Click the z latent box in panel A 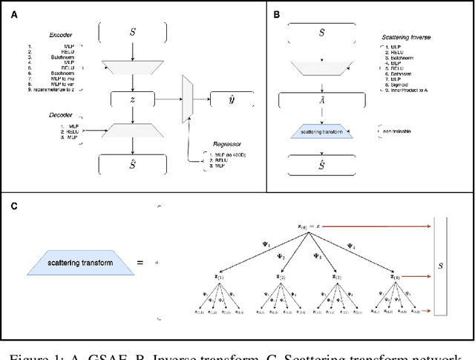(x=133, y=98)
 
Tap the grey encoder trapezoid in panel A (x=133, y=66)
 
